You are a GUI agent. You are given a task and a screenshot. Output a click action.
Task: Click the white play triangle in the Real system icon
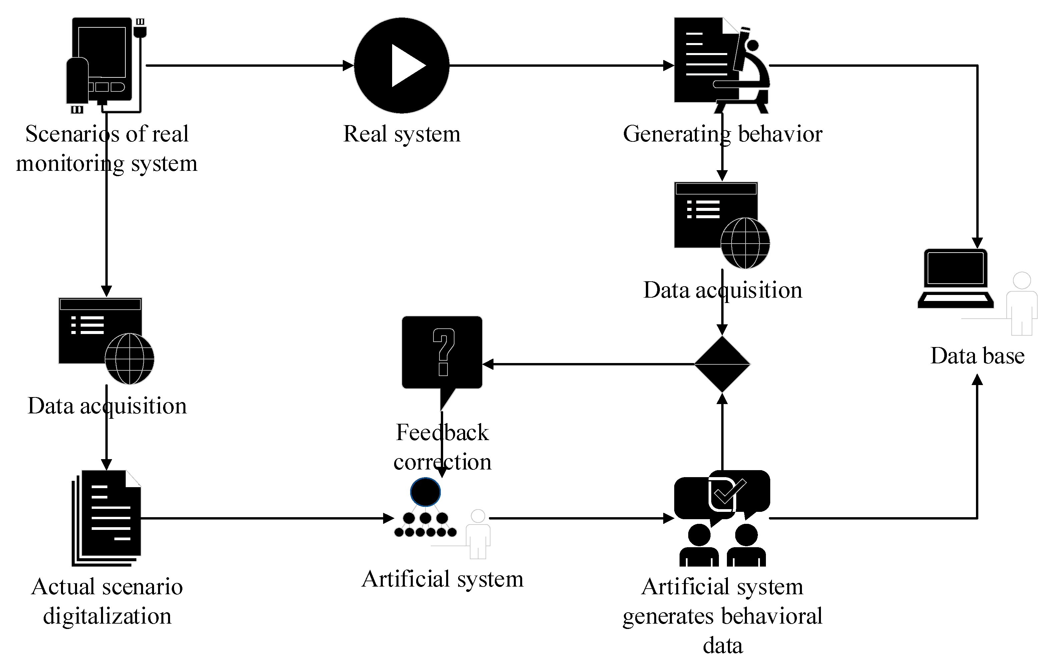click(x=406, y=66)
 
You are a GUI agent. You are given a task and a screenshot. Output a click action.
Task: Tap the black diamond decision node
click(x=722, y=364)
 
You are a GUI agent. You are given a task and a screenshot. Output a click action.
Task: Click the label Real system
click(x=402, y=133)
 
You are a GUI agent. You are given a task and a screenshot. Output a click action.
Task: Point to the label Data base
click(x=978, y=356)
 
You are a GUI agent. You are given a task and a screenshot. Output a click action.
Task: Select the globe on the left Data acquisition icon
click(x=129, y=359)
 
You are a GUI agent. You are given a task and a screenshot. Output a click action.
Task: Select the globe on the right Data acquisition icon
click(x=745, y=243)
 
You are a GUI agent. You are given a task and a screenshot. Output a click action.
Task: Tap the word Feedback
click(x=442, y=432)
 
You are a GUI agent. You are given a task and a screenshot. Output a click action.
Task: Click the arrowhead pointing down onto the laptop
click(x=977, y=243)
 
